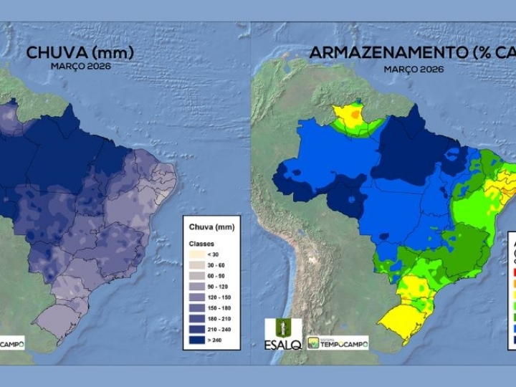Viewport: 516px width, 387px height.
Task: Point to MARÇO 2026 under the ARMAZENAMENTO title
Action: (413, 69)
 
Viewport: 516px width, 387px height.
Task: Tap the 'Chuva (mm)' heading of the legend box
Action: (205, 226)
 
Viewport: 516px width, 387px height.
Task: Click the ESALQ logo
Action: (279, 333)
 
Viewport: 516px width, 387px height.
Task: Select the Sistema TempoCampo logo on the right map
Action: (338, 343)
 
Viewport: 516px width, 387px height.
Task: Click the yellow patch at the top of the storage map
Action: (350, 115)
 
